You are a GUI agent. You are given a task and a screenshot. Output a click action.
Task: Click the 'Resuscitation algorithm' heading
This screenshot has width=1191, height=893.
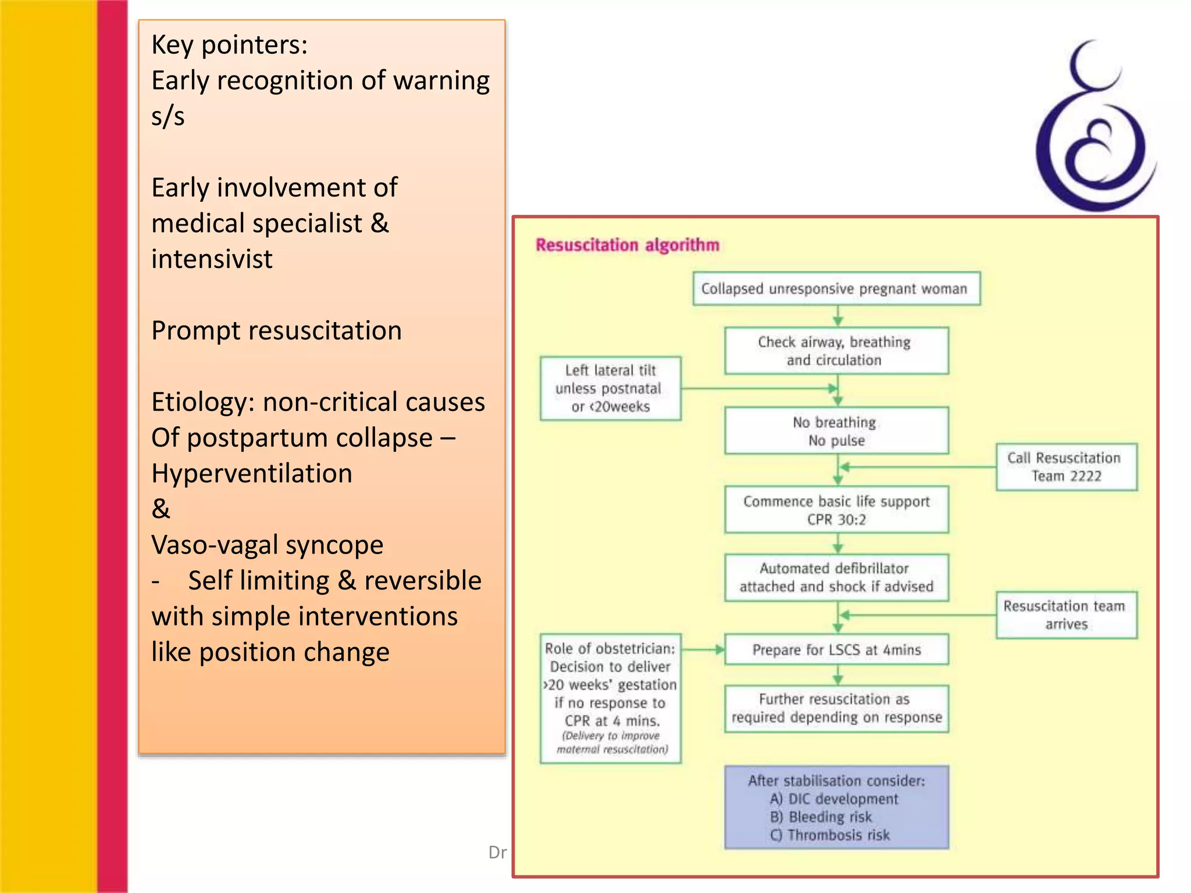point(627,245)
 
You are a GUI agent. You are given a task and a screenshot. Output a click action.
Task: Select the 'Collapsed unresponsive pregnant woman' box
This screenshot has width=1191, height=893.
point(836,288)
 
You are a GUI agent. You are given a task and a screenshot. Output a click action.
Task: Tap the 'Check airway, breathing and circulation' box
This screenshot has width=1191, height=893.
point(836,351)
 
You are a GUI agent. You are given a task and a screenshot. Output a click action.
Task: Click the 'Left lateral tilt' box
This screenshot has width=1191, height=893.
point(610,388)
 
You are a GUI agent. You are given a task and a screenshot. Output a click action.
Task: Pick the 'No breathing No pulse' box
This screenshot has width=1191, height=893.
point(836,431)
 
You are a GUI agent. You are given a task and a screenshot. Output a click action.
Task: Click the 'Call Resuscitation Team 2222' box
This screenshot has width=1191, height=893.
point(1065,467)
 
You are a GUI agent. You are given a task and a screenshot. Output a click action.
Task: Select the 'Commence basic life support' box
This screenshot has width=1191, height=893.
point(836,510)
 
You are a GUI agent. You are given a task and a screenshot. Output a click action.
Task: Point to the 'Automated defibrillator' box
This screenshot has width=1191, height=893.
point(836,577)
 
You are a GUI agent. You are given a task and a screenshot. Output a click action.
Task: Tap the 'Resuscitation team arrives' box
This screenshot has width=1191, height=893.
point(1065,615)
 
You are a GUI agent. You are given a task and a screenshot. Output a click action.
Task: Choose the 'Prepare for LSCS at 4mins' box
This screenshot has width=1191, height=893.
point(836,649)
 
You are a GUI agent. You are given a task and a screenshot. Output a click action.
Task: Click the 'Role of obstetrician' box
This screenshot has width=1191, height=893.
point(610,698)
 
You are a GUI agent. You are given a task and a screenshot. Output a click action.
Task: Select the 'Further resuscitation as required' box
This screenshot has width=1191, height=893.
point(836,708)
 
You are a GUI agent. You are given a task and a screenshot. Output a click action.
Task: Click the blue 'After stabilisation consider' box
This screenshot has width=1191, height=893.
point(836,808)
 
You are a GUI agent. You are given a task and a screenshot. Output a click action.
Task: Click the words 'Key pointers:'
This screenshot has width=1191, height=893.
point(229,45)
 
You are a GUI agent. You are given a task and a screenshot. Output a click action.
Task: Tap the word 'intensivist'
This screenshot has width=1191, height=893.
point(212,259)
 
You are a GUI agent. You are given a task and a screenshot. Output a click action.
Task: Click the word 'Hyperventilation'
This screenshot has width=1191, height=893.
point(251,473)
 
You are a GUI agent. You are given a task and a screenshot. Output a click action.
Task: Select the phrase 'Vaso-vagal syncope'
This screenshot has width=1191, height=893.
point(267,545)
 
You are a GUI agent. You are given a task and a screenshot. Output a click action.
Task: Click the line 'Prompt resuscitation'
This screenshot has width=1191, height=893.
point(276,331)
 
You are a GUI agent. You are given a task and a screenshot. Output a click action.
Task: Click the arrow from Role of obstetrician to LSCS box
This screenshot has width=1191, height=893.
point(703,649)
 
